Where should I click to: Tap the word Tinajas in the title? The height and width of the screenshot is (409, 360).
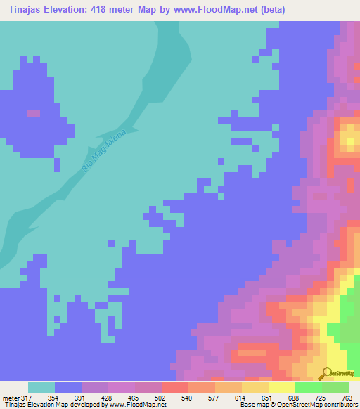[x=23, y=10]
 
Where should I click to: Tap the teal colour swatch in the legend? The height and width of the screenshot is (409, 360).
[x=41, y=387]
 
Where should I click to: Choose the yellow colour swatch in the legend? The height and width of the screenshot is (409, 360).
[x=282, y=387]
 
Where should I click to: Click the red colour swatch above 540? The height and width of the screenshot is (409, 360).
[x=175, y=387]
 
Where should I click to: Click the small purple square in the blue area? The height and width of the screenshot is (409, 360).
[x=33, y=113]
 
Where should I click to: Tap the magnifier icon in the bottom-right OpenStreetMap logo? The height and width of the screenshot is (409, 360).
[x=326, y=372]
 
